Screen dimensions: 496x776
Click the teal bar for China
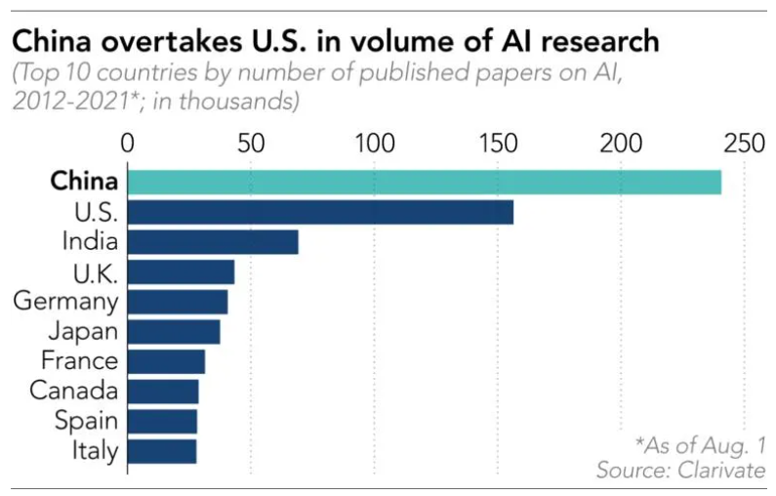(425, 183)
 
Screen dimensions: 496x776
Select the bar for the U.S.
(320, 212)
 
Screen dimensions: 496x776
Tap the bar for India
(213, 242)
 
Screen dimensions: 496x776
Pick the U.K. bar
(181, 271)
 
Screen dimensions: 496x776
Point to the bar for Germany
(178, 302)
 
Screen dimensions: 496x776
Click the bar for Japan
(174, 332)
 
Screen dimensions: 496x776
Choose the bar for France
(166, 361)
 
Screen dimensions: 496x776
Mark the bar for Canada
(163, 392)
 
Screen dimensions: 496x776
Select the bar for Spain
(162, 421)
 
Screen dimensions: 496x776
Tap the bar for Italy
(162, 451)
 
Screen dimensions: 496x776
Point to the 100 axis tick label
(374, 144)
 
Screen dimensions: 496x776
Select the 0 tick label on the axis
(128, 144)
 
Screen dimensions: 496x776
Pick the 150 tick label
(498, 144)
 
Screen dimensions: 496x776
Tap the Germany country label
(65, 302)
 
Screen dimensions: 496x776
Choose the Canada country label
(73, 392)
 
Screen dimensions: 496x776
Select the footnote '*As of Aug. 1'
(700, 444)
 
